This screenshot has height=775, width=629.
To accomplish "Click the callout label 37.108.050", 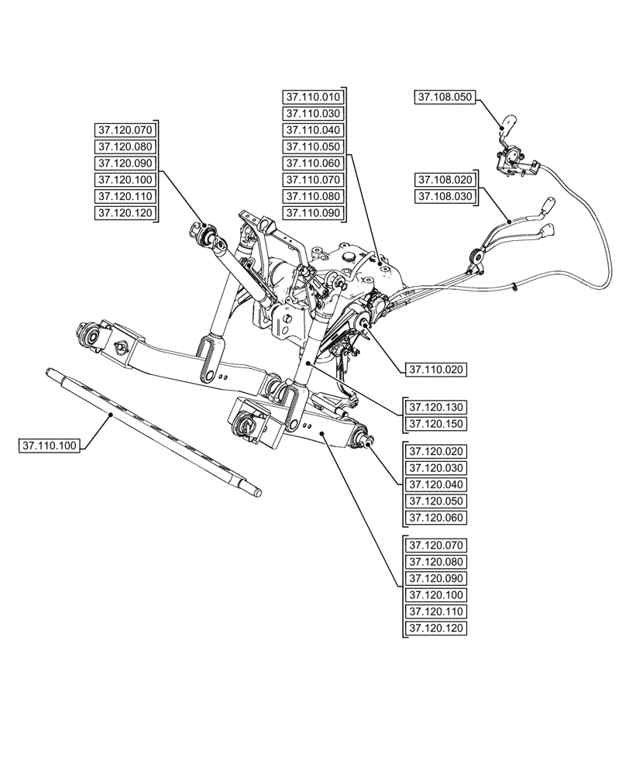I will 445,98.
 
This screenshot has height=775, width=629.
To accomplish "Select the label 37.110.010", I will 313,98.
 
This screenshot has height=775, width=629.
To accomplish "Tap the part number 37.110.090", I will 313,212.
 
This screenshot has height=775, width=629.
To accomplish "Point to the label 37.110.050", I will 313,146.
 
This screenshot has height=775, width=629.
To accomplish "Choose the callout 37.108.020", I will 445,180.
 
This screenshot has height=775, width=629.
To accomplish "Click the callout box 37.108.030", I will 445,196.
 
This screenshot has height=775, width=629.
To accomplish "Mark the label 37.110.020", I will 435,370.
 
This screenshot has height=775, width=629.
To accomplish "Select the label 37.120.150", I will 435,424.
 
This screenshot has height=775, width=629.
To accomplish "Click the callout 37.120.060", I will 435,517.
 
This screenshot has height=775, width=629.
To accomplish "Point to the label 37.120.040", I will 435,484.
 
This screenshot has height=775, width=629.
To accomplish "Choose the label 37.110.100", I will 49,446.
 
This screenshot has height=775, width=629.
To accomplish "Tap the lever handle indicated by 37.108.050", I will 507,122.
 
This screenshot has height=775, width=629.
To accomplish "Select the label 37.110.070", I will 313,180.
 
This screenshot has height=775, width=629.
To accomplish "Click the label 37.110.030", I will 313,114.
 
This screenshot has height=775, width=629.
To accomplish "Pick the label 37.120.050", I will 435,501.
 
